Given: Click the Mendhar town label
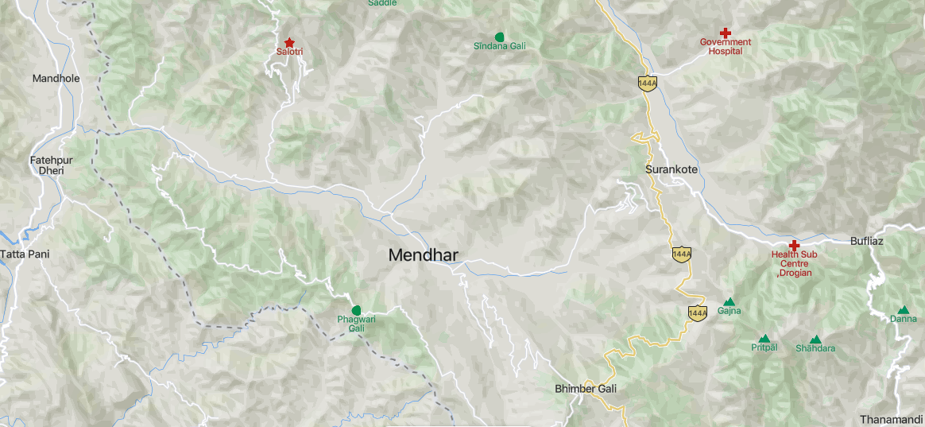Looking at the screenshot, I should pyautogui.click(x=423, y=255).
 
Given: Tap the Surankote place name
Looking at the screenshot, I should pyautogui.click(x=671, y=170).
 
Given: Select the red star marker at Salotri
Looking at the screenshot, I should pyautogui.click(x=289, y=42).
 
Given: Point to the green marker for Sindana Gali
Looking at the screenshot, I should pyautogui.click(x=500, y=37).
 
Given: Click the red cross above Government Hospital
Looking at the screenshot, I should pyautogui.click(x=726, y=33).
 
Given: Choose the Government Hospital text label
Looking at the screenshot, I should pyautogui.click(x=726, y=46).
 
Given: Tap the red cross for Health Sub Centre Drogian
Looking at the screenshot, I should pyautogui.click(x=793, y=245).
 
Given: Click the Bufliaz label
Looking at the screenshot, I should pyautogui.click(x=866, y=240).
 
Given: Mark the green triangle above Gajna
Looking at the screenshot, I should pyautogui.click(x=729, y=301).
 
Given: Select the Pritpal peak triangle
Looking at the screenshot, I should pyautogui.click(x=764, y=339).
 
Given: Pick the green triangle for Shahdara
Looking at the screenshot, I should pyautogui.click(x=815, y=340).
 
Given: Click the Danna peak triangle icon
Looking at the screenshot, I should pyautogui.click(x=903, y=310).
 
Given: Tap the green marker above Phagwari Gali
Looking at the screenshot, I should pyautogui.click(x=356, y=309).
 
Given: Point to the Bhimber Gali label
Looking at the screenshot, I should pyautogui.click(x=585, y=389).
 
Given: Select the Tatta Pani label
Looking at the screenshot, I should pyautogui.click(x=24, y=254).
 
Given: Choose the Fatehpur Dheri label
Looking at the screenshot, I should pyautogui.click(x=51, y=165).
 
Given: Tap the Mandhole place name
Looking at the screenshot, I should pyautogui.click(x=56, y=78).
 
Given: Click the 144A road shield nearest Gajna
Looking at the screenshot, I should pyautogui.click(x=697, y=312).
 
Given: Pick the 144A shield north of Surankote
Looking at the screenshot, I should pyautogui.click(x=647, y=83).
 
